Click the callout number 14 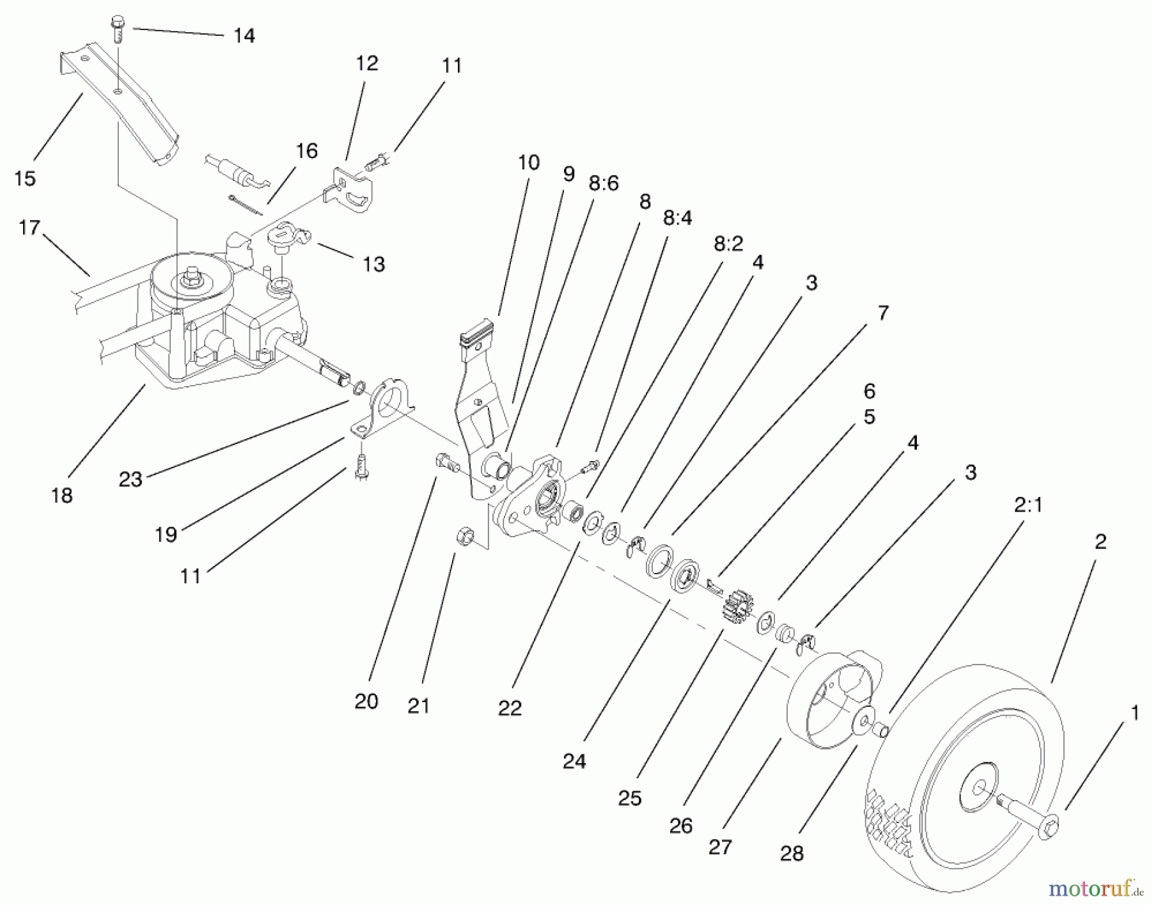244,36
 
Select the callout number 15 25,178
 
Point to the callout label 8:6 603,184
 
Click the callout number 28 792,853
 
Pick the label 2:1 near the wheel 1028,505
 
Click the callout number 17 29,228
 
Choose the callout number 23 130,479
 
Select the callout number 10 528,162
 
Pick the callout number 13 373,264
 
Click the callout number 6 869,391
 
